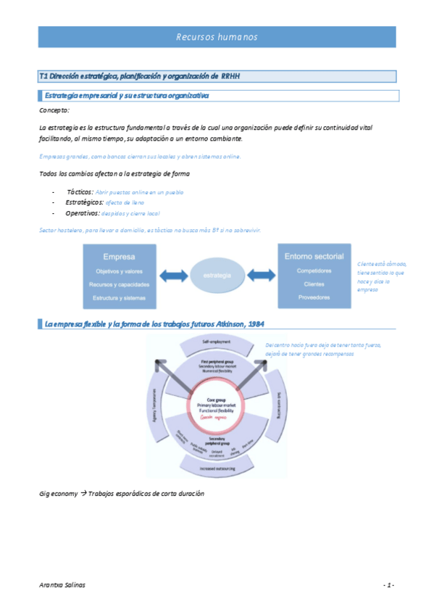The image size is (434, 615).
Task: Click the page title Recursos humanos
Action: click(217, 37)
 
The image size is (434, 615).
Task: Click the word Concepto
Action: click(54, 110)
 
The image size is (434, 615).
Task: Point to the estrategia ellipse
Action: click(217, 276)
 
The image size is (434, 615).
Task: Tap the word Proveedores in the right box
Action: click(314, 297)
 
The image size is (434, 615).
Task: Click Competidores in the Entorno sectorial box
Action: click(314, 271)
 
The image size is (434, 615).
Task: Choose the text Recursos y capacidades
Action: click(119, 284)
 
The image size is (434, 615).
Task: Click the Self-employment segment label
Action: click(215, 340)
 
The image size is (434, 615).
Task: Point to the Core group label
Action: click(217, 400)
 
